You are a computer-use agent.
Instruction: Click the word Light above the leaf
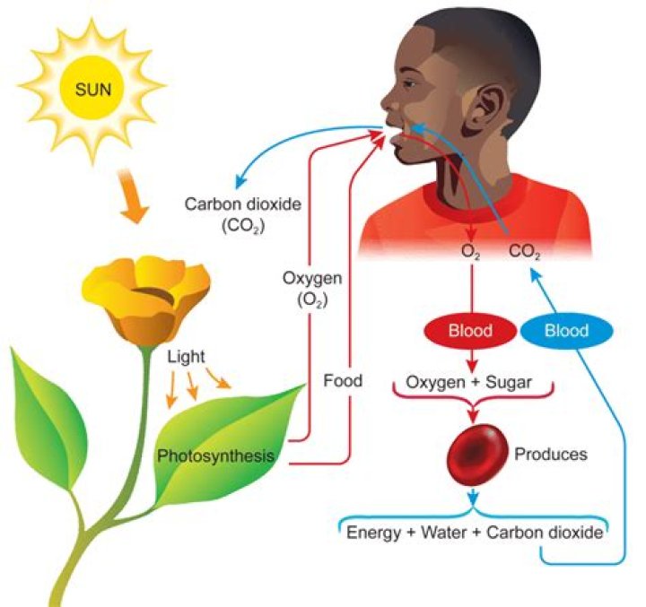[186, 356]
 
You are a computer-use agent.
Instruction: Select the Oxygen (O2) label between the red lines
[302, 290]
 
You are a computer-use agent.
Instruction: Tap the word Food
[343, 381]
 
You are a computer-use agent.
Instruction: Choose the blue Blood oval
[567, 331]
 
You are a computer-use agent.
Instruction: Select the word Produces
[550, 455]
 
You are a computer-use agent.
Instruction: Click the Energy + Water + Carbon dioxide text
[474, 533]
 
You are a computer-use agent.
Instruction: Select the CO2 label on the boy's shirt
[524, 254]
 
